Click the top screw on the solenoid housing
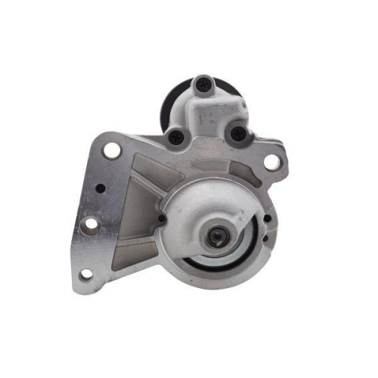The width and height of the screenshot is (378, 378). coord(202,85)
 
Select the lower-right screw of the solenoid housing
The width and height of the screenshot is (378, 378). coord(237,134)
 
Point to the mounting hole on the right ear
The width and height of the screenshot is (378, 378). coord(269,161)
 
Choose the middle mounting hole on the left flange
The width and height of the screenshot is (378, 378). coord(90,225)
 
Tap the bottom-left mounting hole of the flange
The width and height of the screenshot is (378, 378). coord(85,274)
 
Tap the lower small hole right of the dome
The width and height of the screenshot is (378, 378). coord(265,240)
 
